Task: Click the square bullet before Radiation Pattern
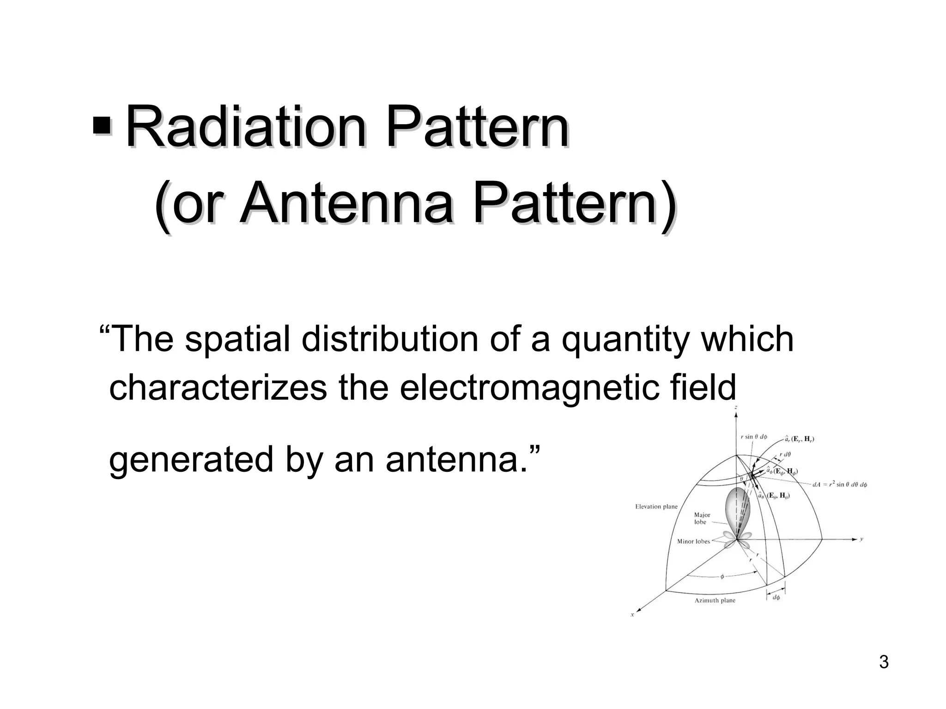click(x=102, y=126)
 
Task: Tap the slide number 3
click(x=884, y=662)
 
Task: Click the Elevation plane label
click(x=656, y=506)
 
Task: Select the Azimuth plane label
click(x=715, y=601)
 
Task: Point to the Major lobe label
click(x=702, y=518)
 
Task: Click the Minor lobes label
click(x=693, y=541)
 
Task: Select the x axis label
click(x=632, y=614)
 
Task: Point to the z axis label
click(x=736, y=408)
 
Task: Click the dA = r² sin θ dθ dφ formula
click(x=839, y=485)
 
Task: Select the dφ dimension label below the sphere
click(x=776, y=598)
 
